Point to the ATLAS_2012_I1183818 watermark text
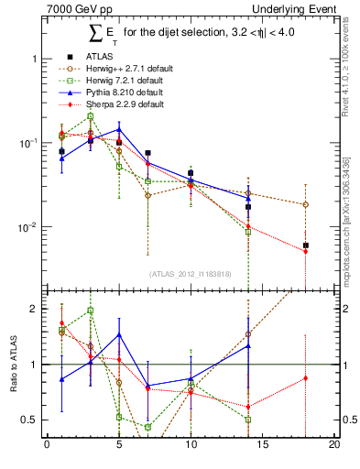(191, 273)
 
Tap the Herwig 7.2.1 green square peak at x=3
(90, 116)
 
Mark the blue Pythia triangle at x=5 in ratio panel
(119, 334)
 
